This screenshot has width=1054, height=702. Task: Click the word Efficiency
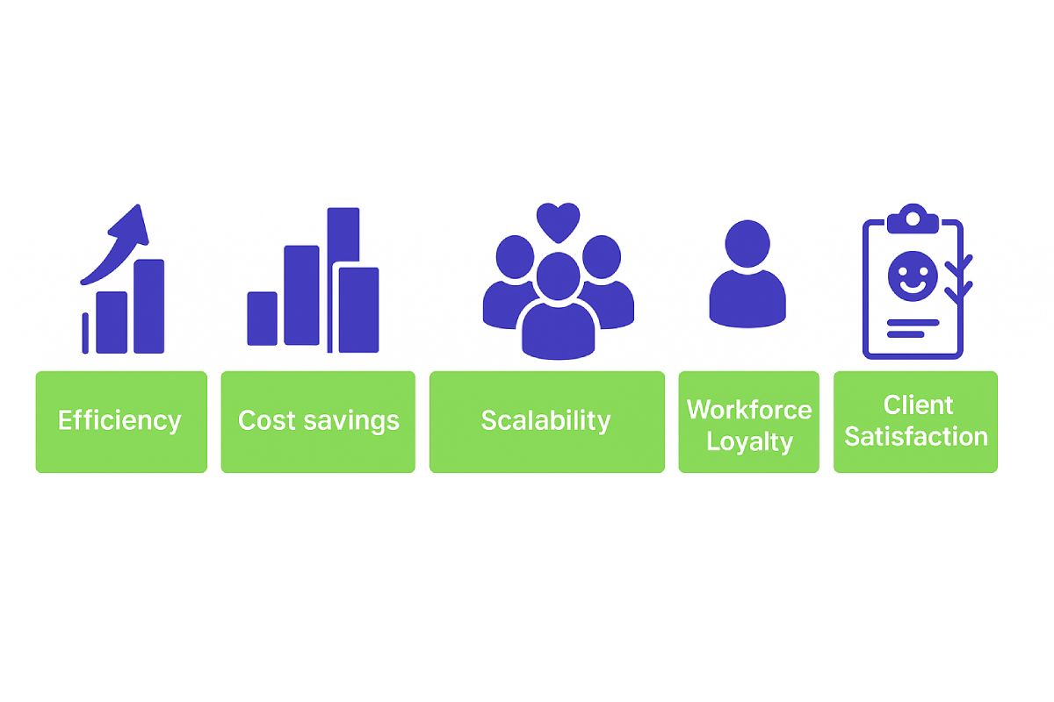click(x=119, y=420)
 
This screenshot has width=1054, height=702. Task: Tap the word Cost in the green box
click(x=266, y=419)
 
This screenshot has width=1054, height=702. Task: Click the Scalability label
click(x=545, y=420)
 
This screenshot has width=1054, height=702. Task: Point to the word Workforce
click(x=749, y=410)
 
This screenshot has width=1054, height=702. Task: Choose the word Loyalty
click(x=749, y=442)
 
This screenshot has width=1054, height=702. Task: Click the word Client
click(x=918, y=405)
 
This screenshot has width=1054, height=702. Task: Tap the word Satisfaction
click(x=915, y=436)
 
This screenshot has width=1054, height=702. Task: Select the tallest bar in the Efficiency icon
click(x=149, y=306)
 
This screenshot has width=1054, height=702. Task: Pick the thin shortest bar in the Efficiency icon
click(x=85, y=333)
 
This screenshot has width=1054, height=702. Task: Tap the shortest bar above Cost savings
click(x=262, y=319)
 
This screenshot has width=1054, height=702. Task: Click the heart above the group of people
click(x=558, y=221)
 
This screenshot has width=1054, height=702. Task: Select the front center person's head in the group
click(x=558, y=276)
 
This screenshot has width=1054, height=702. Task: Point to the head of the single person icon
click(x=747, y=244)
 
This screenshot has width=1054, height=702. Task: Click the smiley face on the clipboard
click(x=913, y=276)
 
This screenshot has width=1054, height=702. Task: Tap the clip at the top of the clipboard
click(x=913, y=219)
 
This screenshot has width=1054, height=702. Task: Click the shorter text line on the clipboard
click(x=906, y=334)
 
